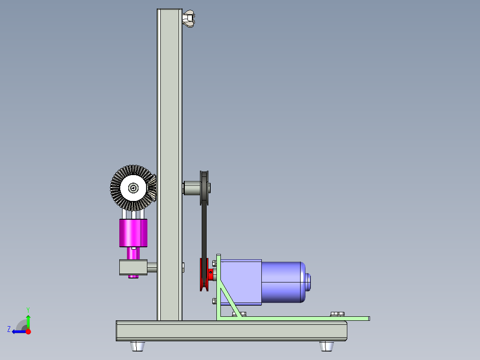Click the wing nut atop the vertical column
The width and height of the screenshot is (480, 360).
[189, 18]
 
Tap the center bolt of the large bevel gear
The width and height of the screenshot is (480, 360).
[133, 188]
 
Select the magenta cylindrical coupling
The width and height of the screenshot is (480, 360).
[133, 233]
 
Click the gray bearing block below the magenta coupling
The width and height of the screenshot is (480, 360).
[133, 267]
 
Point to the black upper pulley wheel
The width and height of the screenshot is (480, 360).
[205, 187]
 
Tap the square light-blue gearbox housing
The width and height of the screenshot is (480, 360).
[240, 282]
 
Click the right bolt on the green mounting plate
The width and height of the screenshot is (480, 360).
[337, 314]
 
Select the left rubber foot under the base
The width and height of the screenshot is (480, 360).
[138, 346]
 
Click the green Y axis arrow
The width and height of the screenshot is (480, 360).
[28, 320]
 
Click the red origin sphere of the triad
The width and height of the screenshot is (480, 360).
[28, 331]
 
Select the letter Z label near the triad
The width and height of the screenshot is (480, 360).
[9, 329]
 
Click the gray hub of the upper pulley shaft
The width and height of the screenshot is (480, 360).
[192, 187]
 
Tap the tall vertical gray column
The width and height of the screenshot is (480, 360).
[169, 111]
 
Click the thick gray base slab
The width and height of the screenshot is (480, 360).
[232, 331]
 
